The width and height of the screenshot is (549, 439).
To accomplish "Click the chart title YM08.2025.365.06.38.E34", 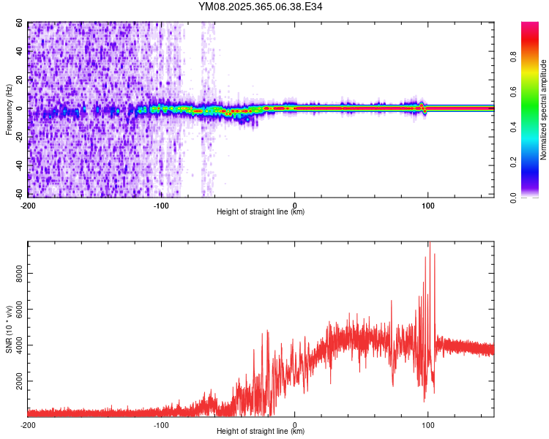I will (x=261, y=7).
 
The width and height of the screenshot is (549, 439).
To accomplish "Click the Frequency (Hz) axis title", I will (x=9, y=110).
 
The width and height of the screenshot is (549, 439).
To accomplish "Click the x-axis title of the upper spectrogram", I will (x=261, y=212).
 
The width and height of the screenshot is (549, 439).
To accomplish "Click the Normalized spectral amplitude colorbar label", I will (x=544, y=110).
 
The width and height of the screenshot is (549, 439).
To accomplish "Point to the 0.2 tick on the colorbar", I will (x=534, y=162).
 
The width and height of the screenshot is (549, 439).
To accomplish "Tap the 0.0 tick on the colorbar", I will (x=534, y=197).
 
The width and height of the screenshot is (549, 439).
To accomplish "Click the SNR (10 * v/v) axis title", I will (x=9, y=329).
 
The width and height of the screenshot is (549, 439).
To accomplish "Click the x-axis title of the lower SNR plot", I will (x=261, y=431).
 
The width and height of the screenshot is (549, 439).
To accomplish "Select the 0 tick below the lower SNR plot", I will (x=295, y=424).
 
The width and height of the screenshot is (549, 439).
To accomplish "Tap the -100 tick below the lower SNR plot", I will (x=161, y=424).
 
